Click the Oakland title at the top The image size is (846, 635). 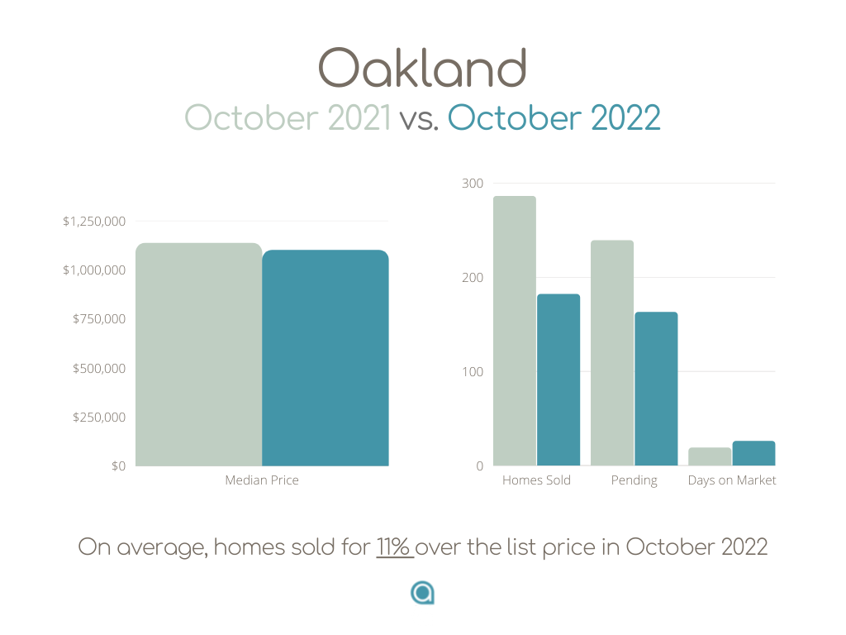click(x=422, y=68)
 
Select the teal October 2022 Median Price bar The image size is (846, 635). click(x=326, y=357)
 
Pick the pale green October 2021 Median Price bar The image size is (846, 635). click(x=198, y=354)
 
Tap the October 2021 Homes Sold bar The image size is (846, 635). click(x=515, y=331)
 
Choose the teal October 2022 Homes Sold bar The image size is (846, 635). click(x=558, y=380)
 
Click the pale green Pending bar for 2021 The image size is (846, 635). click(x=612, y=352)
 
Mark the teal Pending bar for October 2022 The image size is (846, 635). click(x=656, y=389)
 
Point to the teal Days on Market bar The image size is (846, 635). click(x=753, y=453)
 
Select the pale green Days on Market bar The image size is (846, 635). click(x=710, y=456)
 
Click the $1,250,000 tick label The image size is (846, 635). click(x=94, y=222)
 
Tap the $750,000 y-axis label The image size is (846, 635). click(x=99, y=319)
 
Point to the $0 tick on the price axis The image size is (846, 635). click(x=118, y=466)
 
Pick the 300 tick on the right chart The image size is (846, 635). click(x=472, y=184)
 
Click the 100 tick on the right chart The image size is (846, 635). click(x=472, y=372)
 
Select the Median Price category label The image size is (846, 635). click(x=262, y=480)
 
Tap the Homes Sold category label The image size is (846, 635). click(x=536, y=480)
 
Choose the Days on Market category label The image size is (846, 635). click(x=732, y=480)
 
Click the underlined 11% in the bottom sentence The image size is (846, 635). click(x=394, y=547)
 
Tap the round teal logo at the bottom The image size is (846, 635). click(x=422, y=593)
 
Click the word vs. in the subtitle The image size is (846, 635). click(x=419, y=119)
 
